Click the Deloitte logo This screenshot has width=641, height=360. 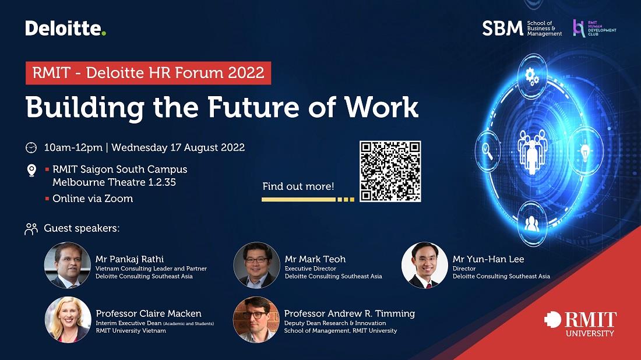[66, 28]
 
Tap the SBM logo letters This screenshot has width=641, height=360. [502, 29]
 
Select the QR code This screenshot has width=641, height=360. [390, 171]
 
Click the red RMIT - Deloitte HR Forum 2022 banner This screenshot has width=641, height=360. [148, 73]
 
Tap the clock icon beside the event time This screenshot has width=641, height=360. [31, 147]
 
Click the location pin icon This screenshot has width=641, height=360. [31, 170]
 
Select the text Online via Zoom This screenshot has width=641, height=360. [93, 199]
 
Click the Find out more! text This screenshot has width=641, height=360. [298, 187]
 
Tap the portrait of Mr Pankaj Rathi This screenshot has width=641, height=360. [68, 265]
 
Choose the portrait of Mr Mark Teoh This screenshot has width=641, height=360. [256, 265]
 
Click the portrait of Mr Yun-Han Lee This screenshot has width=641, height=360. [425, 265]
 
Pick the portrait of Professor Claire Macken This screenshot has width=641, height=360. [68, 319]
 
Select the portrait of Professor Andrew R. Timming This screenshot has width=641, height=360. [256, 319]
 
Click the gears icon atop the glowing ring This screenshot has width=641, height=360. [531, 76]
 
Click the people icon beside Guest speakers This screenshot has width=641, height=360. [31, 228]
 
